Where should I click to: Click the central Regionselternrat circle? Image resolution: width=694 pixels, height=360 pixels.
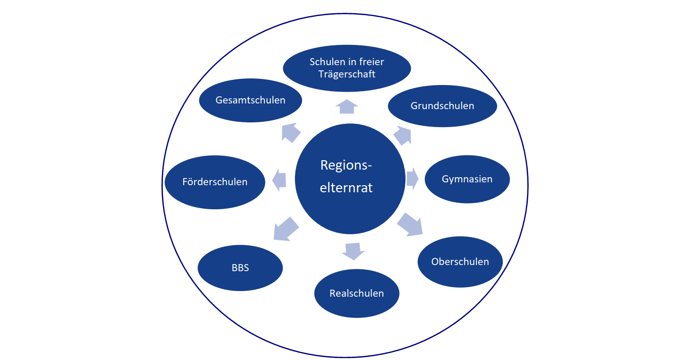[350, 179]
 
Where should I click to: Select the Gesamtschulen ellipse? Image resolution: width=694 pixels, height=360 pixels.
[250, 100]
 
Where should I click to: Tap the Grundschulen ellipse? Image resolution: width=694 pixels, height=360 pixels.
[442, 106]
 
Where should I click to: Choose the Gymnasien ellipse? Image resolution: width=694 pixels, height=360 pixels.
[467, 179]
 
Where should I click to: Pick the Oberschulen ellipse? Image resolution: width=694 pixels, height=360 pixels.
[460, 261]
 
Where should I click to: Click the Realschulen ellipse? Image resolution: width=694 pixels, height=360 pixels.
[356, 293]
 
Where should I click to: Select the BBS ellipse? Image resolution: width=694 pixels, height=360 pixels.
[240, 268]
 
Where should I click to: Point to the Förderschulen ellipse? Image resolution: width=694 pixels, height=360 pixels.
[215, 182]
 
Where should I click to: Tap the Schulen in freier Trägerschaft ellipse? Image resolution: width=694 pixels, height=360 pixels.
[347, 68]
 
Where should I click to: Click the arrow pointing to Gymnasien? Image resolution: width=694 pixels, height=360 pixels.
[413, 179]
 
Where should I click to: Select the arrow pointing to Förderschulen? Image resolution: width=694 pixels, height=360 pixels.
[280, 180]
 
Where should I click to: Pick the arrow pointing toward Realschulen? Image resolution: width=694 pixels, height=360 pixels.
[353, 251]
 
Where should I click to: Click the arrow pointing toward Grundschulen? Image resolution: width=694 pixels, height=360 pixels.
[403, 135]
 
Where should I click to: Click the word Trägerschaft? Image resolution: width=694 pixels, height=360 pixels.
[347, 74]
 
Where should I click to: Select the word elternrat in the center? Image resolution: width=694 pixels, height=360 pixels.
[347, 188]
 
